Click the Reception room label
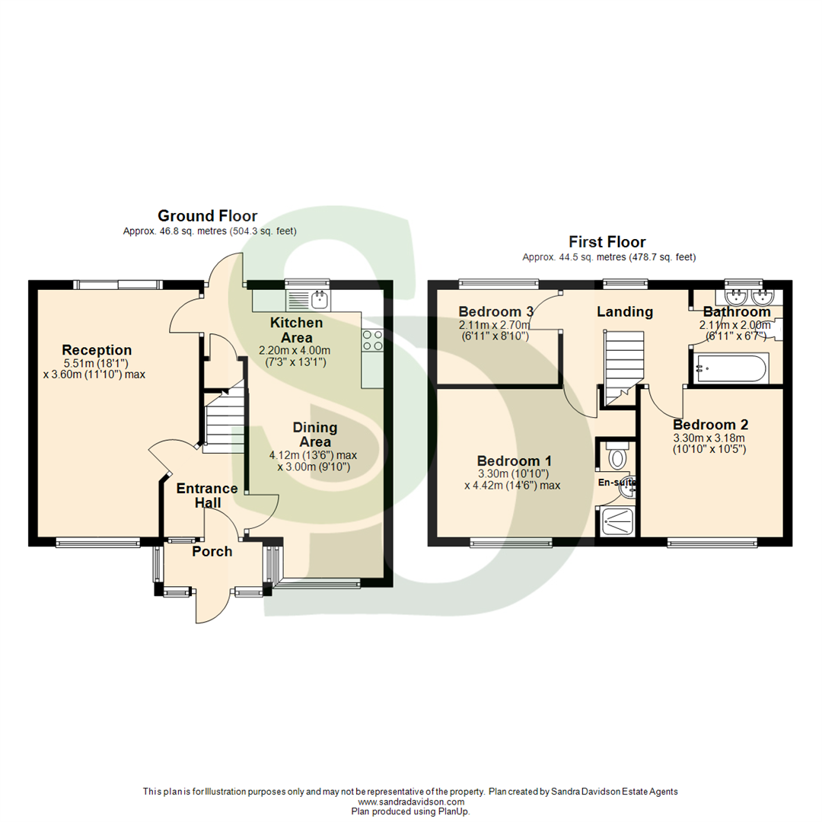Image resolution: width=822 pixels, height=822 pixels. [x=97, y=350]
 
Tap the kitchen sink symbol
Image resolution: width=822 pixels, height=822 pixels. [x=307, y=298]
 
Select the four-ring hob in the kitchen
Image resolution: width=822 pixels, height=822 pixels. [x=372, y=340]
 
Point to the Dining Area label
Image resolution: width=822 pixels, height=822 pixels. [x=315, y=435]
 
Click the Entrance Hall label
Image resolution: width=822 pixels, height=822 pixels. [x=207, y=495]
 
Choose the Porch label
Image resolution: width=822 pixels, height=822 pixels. [x=212, y=552]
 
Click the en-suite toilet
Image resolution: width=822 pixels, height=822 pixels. [x=617, y=457]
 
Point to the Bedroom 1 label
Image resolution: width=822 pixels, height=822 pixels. [x=515, y=461]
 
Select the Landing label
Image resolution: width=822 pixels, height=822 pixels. [x=624, y=311]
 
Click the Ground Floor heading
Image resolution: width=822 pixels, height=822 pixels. [x=207, y=216]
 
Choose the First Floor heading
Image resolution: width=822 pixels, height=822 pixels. [x=607, y=243]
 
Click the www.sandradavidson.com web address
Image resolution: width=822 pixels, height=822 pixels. [x=410, y=801]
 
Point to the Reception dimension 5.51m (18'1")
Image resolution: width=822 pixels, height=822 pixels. [x=97, y=363]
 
